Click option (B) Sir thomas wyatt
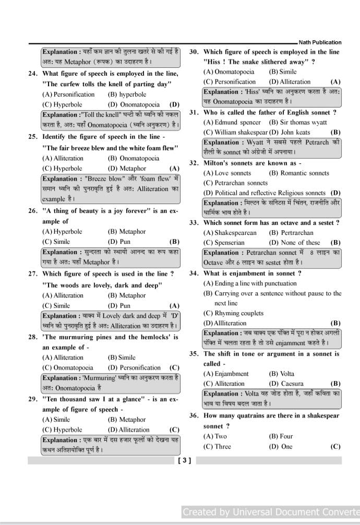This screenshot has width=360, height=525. point(298,122)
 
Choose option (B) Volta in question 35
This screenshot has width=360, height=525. point(281,374)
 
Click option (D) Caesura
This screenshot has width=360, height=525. point(286,384)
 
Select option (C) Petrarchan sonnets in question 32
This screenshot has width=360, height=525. point(235,183)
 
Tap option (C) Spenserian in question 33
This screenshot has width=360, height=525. point(224,243)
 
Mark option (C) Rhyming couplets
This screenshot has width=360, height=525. point(233,313)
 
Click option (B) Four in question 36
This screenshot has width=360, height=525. point(281,436)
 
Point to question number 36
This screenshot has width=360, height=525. point(194,416)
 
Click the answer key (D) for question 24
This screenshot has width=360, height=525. point(175,104)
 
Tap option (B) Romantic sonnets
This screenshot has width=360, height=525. point(299,173)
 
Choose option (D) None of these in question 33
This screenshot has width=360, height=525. point(294,243)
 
